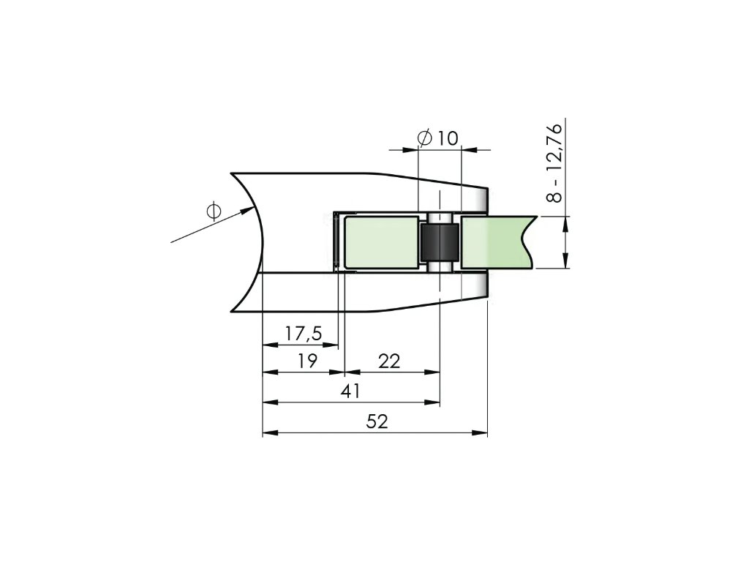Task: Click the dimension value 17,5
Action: [x=304, y=333]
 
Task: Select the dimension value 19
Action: [x=306, y=361]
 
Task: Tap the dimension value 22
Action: [x=389, y=361]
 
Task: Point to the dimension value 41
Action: [x=351, y=391]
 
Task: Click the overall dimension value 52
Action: [x=377, y=421]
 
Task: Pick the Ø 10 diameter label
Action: [x=437, y=138]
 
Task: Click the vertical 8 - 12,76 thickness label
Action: [x=554, y=163]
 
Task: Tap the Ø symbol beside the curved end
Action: [x=214, y=210]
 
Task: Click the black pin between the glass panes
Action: [x=440, y=242]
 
